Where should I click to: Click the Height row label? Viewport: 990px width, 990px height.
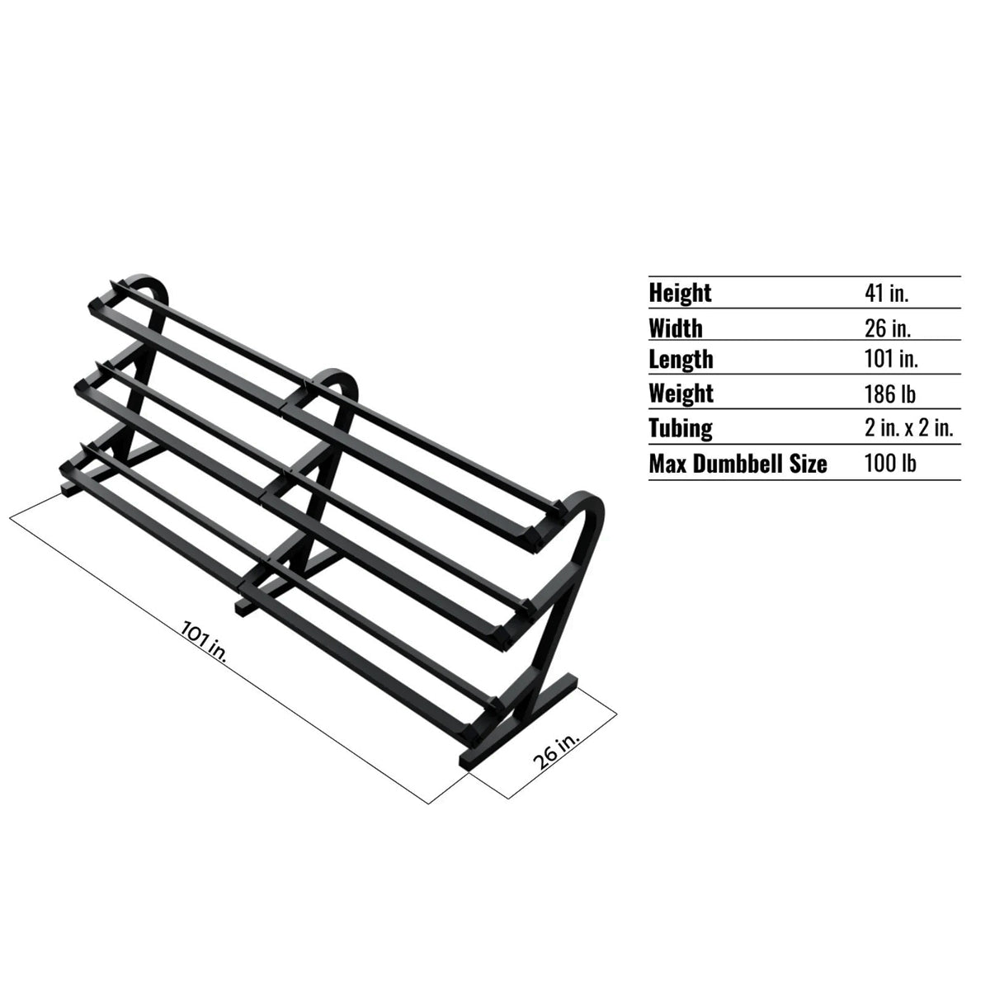pyautogui.click(x=680, y=293)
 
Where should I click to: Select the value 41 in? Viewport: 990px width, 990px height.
pyautogui.click(x=886, y=293)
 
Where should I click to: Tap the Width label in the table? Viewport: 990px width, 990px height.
pyautogui.click(x=676, y=328)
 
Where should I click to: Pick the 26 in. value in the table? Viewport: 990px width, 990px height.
pyautogui.click(x=888, y=328)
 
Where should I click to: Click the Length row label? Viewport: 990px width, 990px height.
pyautogui.click(x=681, y=360)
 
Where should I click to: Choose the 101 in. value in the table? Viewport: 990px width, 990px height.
pyautogui.click(x=891, y=360)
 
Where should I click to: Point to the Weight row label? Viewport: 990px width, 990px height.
pyautogui.click(x=681, y=394)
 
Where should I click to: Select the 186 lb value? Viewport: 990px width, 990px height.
pyautogui.click(x=890, y=394)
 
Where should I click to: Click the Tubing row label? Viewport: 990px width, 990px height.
pyautogui.click(x=681, y=428)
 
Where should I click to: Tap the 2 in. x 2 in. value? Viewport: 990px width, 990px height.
pyautogui.click(x=909, y=428)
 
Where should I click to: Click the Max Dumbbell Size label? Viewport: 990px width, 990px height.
pyautogui.click(x=738, y=464)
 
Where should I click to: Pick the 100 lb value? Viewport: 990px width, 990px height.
pyautogui.click(x=890, y=464)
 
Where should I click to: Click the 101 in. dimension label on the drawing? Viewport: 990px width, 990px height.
pyautogui.click(x=202, y=640)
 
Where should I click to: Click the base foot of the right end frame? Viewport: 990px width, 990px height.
pyautogui.click(x=520, y=726)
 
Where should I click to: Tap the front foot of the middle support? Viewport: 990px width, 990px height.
pyautogui.click(x=245, y=607)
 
